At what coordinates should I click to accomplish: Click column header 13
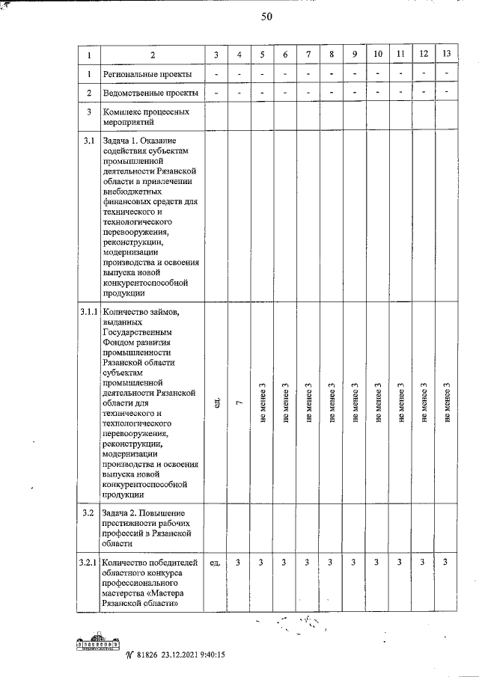click(x=446, y=55)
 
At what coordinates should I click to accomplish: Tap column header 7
click(x=308, y=55)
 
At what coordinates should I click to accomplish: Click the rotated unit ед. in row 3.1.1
click(x=216, y=403)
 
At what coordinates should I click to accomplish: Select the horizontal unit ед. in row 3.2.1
click(x=216, y=563)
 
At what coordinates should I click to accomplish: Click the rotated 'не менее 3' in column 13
click(x=447, y=403)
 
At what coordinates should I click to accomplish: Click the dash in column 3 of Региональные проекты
click(x=216, y=75)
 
